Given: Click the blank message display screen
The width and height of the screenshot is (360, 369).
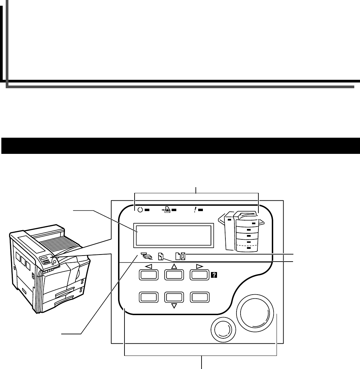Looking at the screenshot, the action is [174, 235].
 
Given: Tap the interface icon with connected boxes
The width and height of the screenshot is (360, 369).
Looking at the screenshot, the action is [146, 257].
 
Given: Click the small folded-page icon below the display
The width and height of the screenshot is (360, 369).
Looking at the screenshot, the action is [161, 257].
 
